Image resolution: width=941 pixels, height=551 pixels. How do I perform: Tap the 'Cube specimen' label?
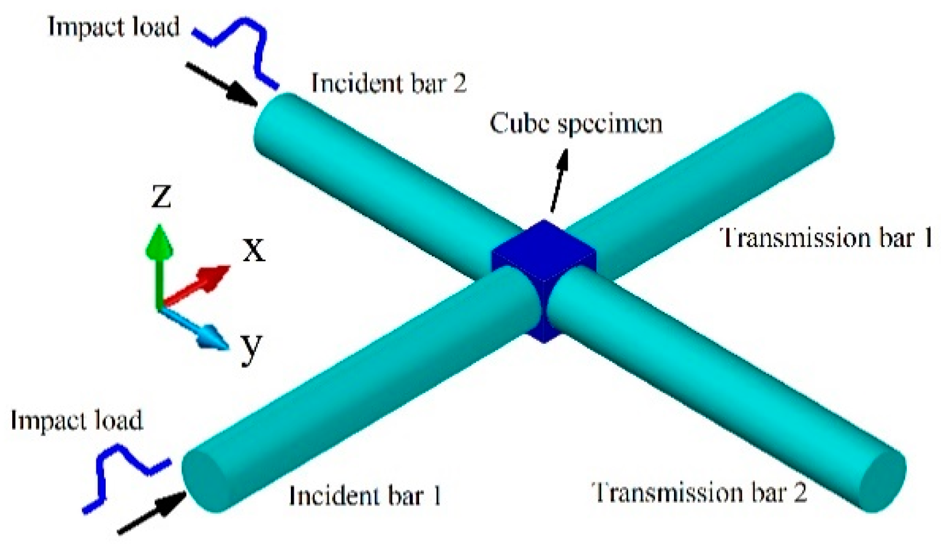576,124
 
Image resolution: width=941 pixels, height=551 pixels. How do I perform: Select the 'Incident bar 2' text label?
388,83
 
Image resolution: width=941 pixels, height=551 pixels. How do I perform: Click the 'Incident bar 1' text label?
365,496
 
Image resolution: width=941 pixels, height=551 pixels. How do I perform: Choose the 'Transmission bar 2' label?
700,492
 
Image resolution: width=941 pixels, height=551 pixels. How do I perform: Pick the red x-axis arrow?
200,283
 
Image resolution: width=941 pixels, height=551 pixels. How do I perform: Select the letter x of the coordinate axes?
254,251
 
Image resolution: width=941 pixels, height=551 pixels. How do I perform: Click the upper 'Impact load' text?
114,27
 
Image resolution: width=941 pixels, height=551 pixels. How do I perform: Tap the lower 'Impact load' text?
77,420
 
